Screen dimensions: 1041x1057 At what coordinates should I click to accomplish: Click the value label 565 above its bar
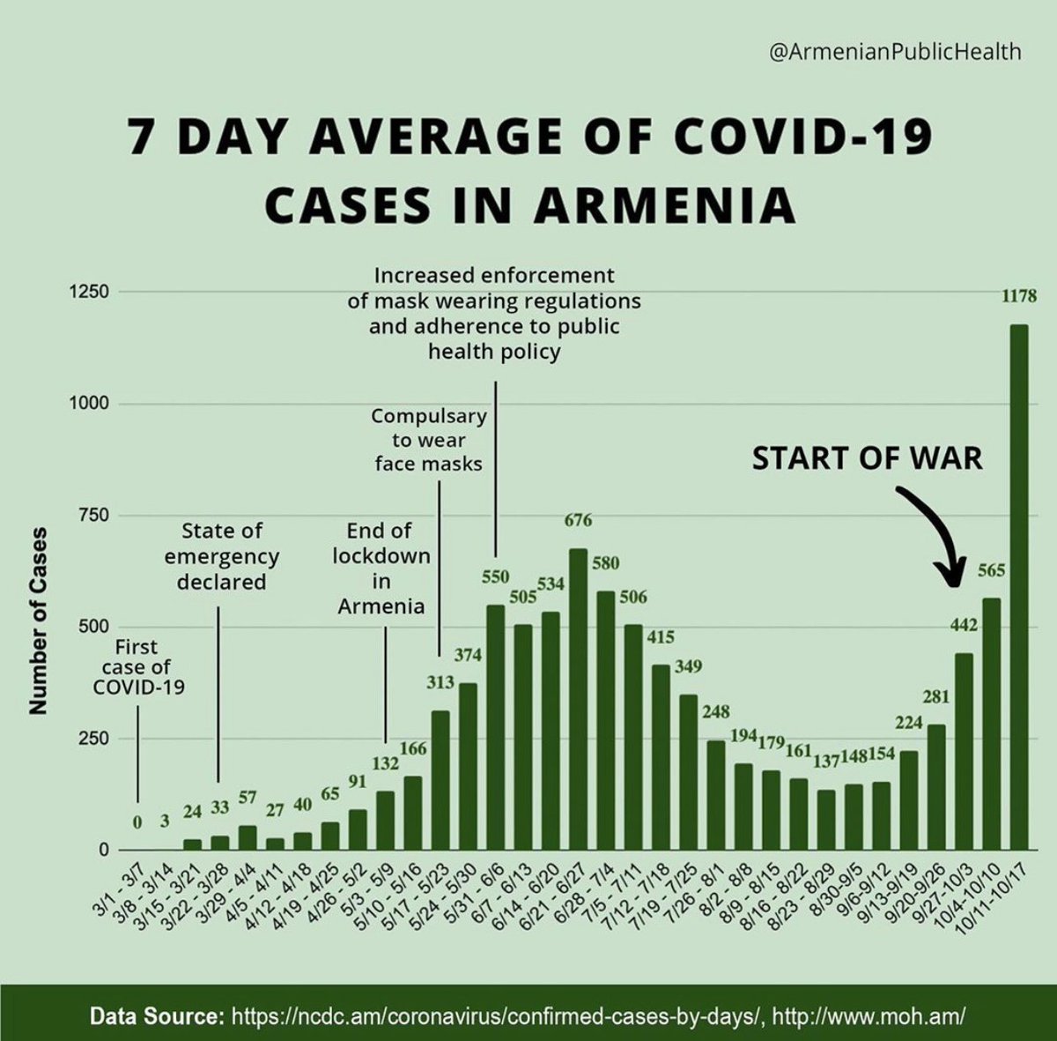pyautogui.click(x=991, y=571)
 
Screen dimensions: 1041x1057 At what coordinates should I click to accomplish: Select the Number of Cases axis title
pyautogui.click(x=38, y=621)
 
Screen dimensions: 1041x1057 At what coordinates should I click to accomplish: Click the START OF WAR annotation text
pyautogui.click(x=867, y=458)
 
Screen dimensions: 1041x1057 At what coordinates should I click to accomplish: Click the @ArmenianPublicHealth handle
pyautogui.click(x=895, y=52)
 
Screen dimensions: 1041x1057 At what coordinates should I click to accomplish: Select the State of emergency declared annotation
pyautogui.click(x=221, y=556)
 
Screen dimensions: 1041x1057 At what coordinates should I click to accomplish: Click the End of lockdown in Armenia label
pyautogui.click(x=381, y=569)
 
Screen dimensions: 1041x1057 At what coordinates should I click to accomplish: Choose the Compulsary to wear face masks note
pyautogui.click(x=428, y=439)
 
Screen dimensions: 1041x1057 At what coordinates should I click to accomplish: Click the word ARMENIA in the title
pyautogui.click(x=664, y=204)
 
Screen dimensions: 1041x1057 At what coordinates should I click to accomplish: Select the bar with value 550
pyautogui.click(x=495, y=727)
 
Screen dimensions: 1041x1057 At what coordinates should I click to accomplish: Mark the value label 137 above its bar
pyautogui.click(x=826, y=762)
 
